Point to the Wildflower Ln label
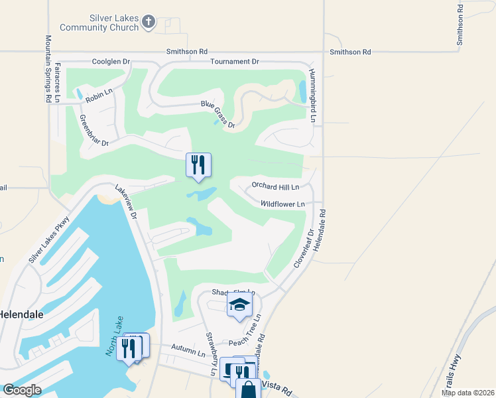point(282,204)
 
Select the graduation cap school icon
point(239,305)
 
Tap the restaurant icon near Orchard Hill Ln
point(198,165)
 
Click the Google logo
point(22,390)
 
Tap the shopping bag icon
point(248,389)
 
